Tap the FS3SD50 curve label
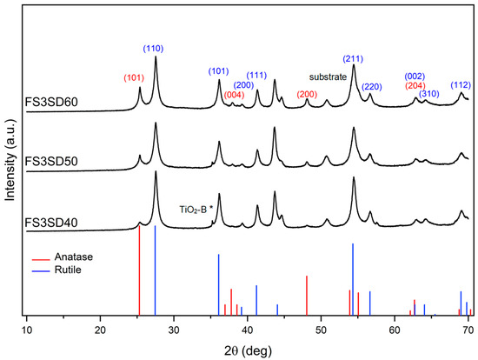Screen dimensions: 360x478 pyautogui.click(x=53, y=162)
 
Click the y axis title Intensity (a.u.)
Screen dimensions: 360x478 pyautogui.click(x=10, y=166)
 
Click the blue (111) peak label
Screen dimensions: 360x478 pyautogui.click(x=256, y=75)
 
